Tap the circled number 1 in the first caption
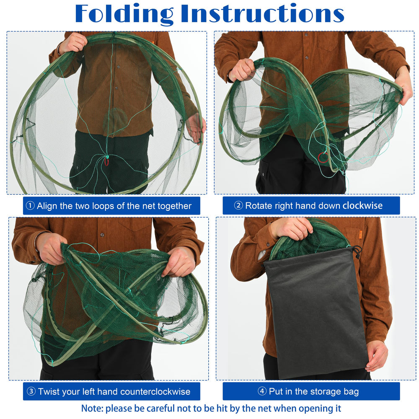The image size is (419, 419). coord(30,206)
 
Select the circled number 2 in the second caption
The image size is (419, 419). coord(238,205)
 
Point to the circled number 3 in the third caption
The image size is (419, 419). coord(31,391)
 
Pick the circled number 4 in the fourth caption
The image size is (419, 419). coord(262,391)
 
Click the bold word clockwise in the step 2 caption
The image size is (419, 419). coord(362,205)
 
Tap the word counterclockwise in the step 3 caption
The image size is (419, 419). coord(155,391)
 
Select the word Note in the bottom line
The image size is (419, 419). coord(92,408)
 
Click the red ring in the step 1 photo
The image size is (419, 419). coord(106,162)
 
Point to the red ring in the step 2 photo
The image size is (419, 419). coord(323,157)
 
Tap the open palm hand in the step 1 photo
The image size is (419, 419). coord(196,128)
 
